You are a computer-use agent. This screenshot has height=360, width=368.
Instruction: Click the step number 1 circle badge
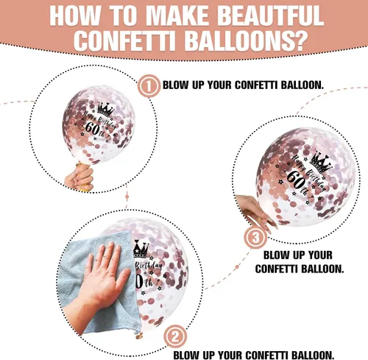149,86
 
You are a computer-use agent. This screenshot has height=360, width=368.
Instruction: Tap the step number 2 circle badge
175,336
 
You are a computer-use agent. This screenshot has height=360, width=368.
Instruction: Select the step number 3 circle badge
255,237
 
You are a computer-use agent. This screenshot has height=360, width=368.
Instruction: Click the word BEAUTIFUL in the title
270,15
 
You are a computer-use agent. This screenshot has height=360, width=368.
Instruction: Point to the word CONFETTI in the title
124,40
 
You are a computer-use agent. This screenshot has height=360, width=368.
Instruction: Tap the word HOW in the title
75,15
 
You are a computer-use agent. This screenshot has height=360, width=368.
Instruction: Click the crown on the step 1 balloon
105,109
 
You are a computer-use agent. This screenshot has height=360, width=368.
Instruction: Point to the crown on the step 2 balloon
141,249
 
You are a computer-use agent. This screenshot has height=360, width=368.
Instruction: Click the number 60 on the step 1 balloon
91,127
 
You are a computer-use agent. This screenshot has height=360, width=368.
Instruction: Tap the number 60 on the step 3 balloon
296,180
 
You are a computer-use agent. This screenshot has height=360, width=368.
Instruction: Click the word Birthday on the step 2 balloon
149,266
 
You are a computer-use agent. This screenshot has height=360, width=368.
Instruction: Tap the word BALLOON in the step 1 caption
302,85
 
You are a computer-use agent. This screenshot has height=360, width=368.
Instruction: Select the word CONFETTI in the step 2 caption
266,355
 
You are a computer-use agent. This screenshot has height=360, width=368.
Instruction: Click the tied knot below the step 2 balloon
139,336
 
